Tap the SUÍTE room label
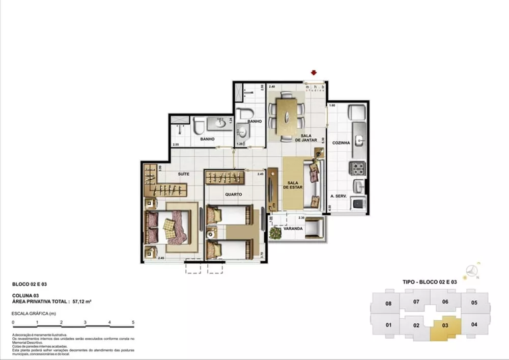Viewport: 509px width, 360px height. (184, 174)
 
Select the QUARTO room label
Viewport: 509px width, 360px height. (234, 195)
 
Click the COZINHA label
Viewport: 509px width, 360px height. (341, 143)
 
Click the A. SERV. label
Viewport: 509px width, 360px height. (338, 196)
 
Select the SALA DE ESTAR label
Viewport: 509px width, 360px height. (293, 185)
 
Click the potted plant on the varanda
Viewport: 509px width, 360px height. (276, 233)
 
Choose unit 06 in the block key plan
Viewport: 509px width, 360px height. (445, 301)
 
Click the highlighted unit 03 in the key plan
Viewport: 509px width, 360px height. (445, 324)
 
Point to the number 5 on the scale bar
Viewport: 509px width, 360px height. (133, 322)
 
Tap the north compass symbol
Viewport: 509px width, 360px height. (473, 270)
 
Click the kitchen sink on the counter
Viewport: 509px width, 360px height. (359, 139)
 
